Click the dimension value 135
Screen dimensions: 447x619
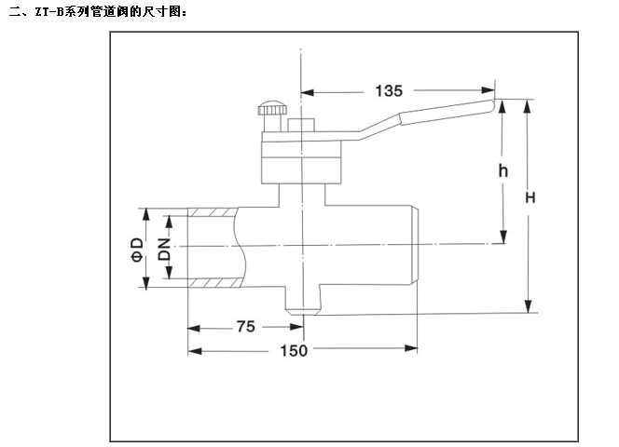point(388,90)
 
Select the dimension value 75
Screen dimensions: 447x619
point(245,327)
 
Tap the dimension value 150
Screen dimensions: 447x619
point(296,350)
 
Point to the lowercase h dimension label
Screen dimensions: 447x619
point(502,171)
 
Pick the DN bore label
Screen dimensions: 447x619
point(164,249)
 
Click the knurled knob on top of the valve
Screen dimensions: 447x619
point(273,108)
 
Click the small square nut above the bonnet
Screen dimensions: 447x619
point(299,126)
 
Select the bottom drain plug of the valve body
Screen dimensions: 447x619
point(304,304)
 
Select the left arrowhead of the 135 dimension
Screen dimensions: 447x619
point(307,91)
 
